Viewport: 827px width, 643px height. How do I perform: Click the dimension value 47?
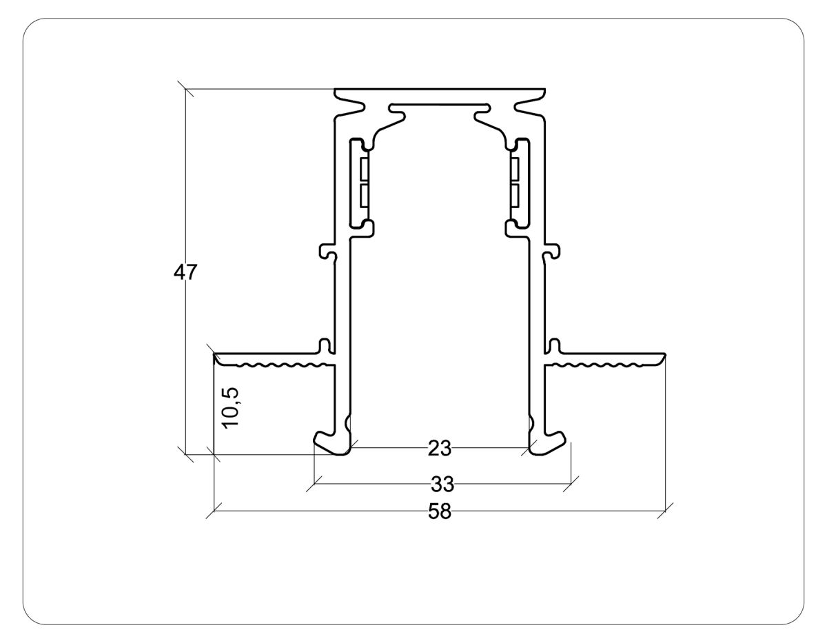point(185,272)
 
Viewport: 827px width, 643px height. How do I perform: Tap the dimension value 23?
point(439,449)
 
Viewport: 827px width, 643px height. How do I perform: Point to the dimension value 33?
point(442,484)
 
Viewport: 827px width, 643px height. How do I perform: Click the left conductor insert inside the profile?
point(363,183)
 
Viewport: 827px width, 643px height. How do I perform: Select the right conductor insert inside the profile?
point(516,183)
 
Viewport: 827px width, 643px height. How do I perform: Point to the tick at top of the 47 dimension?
point(185,90)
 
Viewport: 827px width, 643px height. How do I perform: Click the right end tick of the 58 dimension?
point(665,511)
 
